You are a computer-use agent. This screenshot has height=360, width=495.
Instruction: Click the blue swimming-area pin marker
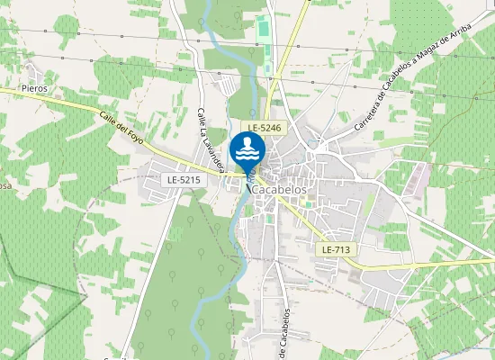tap(247, 152)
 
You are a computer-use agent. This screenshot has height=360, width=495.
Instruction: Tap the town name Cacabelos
tap(281, 190)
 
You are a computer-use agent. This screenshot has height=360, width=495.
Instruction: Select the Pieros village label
tap(34, 89)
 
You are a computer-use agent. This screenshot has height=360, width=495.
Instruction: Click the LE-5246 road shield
tap(266, 129)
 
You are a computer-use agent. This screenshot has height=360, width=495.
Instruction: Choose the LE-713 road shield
tap(337, 248)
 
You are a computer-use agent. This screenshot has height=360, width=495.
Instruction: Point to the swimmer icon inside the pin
tap(247, 143)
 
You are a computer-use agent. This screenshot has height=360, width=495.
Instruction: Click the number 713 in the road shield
tap(343, 248)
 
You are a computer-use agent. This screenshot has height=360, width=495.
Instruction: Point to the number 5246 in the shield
tap(273, 129)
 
